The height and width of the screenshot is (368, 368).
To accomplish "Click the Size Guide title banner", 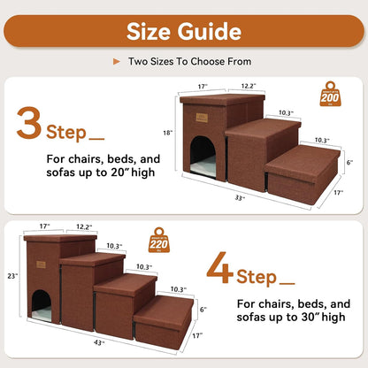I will (x=184, y=32).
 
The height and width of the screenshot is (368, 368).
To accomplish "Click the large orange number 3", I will (x=29, y=125).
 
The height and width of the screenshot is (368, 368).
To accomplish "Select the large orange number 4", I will (x=220, y=272).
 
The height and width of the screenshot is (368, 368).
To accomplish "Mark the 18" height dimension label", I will (x=167, y=132).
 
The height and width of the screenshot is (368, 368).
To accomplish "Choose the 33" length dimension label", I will (x=240, y=197).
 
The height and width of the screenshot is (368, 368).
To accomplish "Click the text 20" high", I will (x=121, y=172).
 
